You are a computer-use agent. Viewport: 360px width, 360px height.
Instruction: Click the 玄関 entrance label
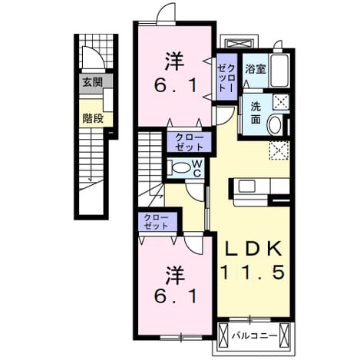(92, 82)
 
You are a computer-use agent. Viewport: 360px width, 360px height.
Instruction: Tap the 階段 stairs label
(93, 118)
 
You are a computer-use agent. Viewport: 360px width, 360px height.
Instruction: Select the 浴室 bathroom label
(256, 69)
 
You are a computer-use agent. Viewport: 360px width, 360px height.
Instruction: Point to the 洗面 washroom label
(256, 113)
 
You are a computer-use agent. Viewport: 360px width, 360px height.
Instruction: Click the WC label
(197, 169)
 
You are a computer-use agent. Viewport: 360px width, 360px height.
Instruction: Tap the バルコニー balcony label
(254, 335)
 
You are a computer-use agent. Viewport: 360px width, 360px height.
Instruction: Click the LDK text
(253, 249)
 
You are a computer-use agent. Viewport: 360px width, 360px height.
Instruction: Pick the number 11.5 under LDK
(253, 272)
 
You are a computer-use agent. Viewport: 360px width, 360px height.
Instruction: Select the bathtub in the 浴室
(280, 71)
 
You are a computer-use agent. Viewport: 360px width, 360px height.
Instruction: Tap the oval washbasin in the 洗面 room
(275, 125)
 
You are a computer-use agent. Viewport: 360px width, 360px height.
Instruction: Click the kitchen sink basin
(246, 186)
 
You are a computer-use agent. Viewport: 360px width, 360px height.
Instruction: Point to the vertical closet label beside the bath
(226, 78)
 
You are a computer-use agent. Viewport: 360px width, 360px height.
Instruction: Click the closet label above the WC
(190, 142)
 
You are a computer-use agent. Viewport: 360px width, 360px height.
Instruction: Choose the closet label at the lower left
(156, 222)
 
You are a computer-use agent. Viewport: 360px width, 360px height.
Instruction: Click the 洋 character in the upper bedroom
(175, 61)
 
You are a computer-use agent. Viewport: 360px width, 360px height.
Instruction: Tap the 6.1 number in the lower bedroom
(176, 296)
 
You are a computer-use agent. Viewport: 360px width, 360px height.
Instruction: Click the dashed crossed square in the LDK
(279, 150)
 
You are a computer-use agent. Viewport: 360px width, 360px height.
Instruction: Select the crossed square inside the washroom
(281, 102)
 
